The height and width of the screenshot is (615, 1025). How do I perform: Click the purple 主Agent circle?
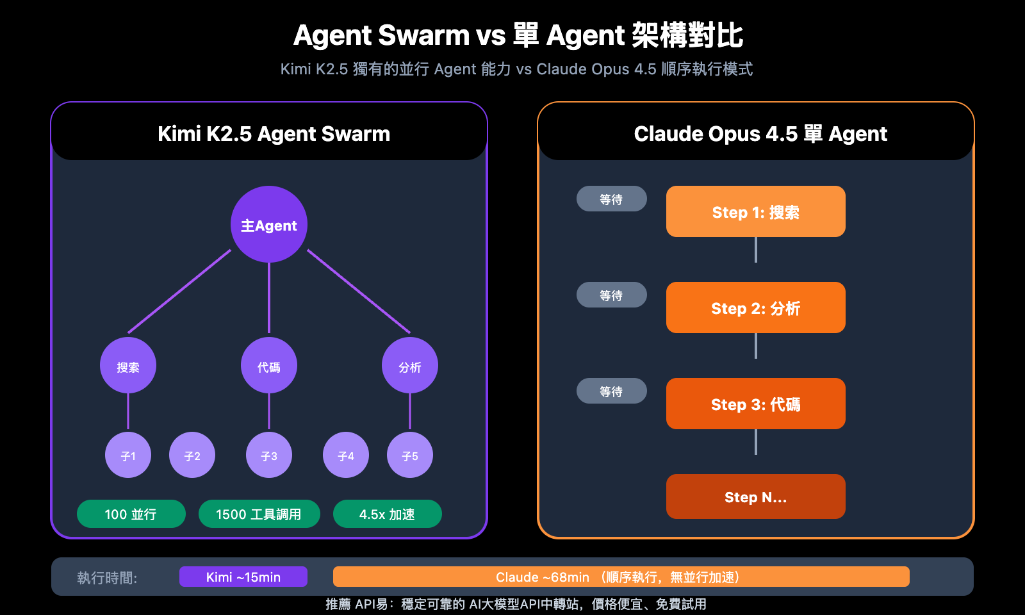click(x=269, y=224)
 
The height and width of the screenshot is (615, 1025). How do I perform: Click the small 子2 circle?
click(x=192, y=455)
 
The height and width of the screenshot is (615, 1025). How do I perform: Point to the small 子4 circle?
click(x=346, y=455)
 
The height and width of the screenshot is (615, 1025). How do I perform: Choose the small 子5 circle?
click(x=410, y=455)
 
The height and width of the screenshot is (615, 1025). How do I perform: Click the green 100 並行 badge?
click(x=131, y=514)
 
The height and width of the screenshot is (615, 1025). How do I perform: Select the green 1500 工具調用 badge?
click(x=259, y=514)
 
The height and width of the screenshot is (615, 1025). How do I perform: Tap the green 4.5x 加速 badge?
click(x=387, y=514)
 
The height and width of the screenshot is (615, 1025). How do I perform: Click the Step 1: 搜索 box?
click(x=756, y=211)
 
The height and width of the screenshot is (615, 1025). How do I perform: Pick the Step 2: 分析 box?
click(x=756, y=307)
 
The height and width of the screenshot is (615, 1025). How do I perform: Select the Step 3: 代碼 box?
click(x=756, y=404)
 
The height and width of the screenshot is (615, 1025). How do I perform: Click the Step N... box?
click(x=756, y=496)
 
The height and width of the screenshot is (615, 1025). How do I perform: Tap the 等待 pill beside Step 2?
click(x=611, y=295)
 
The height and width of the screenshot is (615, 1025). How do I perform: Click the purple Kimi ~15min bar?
click(x=243, y=577)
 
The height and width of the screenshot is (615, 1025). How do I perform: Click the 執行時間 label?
click(x=107, y=578)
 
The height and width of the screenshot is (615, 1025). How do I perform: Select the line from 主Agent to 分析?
click(x=359, y=291)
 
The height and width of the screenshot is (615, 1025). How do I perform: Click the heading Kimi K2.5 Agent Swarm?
click(x=274, y=133)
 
